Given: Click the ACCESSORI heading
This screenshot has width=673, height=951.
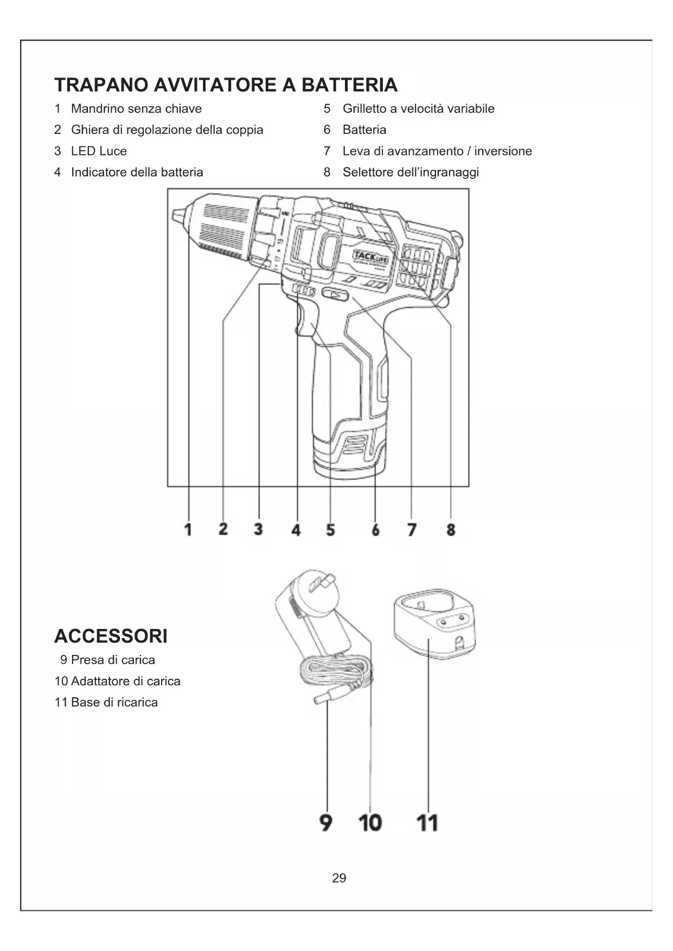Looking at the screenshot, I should [x=111, y=636].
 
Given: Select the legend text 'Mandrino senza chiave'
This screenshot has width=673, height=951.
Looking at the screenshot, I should [x=136, y=108].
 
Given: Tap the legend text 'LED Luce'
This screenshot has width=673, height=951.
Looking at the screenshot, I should [x=99, y=151].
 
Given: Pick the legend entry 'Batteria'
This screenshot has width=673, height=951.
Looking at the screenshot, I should [x=364, y=130].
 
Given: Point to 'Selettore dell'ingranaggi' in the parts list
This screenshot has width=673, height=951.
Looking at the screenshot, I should [x=411, y=172].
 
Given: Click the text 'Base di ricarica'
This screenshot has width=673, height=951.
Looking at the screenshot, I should [x=114, y=702].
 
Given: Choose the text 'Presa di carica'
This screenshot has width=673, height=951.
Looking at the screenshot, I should [x=113, y=660].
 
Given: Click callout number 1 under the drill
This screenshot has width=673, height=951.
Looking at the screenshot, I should [x=188, y=529].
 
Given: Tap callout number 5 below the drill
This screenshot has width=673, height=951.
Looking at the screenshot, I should [x=330, y=529].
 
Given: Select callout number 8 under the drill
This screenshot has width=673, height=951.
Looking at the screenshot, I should [x=451, y=529].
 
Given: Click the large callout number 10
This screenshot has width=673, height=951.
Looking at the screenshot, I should [x=370, y=823].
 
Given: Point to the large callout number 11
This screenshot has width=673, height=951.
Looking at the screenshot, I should [x=427, y=823].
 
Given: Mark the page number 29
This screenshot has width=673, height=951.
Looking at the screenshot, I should [x=339, y=878].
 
